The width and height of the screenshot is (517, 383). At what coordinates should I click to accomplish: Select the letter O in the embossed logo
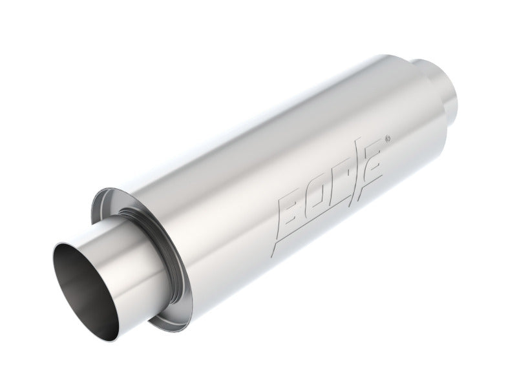[321, 187]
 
